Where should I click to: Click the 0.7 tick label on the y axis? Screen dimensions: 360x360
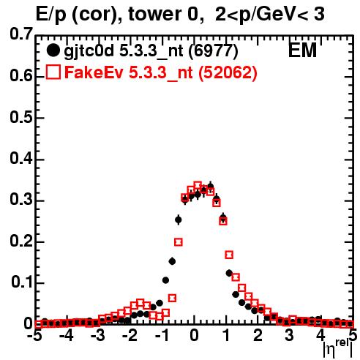tap(21, 34)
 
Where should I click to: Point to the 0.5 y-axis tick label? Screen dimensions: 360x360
tap(21, 118)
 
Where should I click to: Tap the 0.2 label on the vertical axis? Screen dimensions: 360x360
tap(21, 241)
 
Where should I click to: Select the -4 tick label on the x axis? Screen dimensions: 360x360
tap(67, 336)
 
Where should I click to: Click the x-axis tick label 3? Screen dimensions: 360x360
tap(290, 336)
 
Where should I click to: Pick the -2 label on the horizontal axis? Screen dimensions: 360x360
tap(130, 336)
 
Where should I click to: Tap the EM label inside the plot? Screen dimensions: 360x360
tap(302, 50)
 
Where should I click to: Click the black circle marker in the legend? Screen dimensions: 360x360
tap(53, 50)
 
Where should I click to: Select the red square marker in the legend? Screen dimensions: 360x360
tap(53, 72)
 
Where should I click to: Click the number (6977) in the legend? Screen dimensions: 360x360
tap(213, 51)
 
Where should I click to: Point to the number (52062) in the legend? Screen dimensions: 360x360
tap(228, 72)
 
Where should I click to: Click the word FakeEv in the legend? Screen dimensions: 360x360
tap(94, 72)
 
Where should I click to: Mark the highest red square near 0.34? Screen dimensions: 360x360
tap(198, 186)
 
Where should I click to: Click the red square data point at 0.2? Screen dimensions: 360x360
tap(179, 242)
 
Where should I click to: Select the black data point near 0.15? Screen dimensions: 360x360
tap(172, 261)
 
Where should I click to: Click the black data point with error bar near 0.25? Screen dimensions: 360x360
tap(179, 220)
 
